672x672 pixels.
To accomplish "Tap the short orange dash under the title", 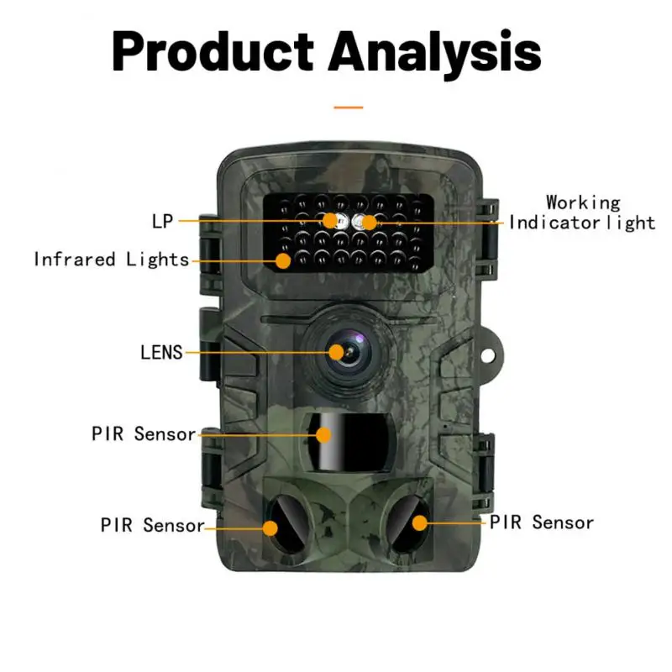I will (348, 108).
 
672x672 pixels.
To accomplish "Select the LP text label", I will (162, 222).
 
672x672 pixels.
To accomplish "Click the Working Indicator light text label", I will (582, 213).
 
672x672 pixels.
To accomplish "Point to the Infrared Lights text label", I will (112, 260).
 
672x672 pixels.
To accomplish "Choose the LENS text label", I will (161, 352).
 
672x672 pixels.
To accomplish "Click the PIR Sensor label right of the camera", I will (542, 522).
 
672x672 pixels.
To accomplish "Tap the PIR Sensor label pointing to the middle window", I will (144, 434).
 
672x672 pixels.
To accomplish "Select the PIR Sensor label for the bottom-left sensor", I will (152, 526).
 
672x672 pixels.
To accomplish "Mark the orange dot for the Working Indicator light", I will (370, 222).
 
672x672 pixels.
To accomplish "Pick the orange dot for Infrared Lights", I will (283, 260).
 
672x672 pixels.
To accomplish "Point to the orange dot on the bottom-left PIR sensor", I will (270, 528).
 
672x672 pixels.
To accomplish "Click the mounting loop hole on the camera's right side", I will (490, 352).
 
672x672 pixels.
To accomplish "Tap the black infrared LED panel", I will (347, 233).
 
